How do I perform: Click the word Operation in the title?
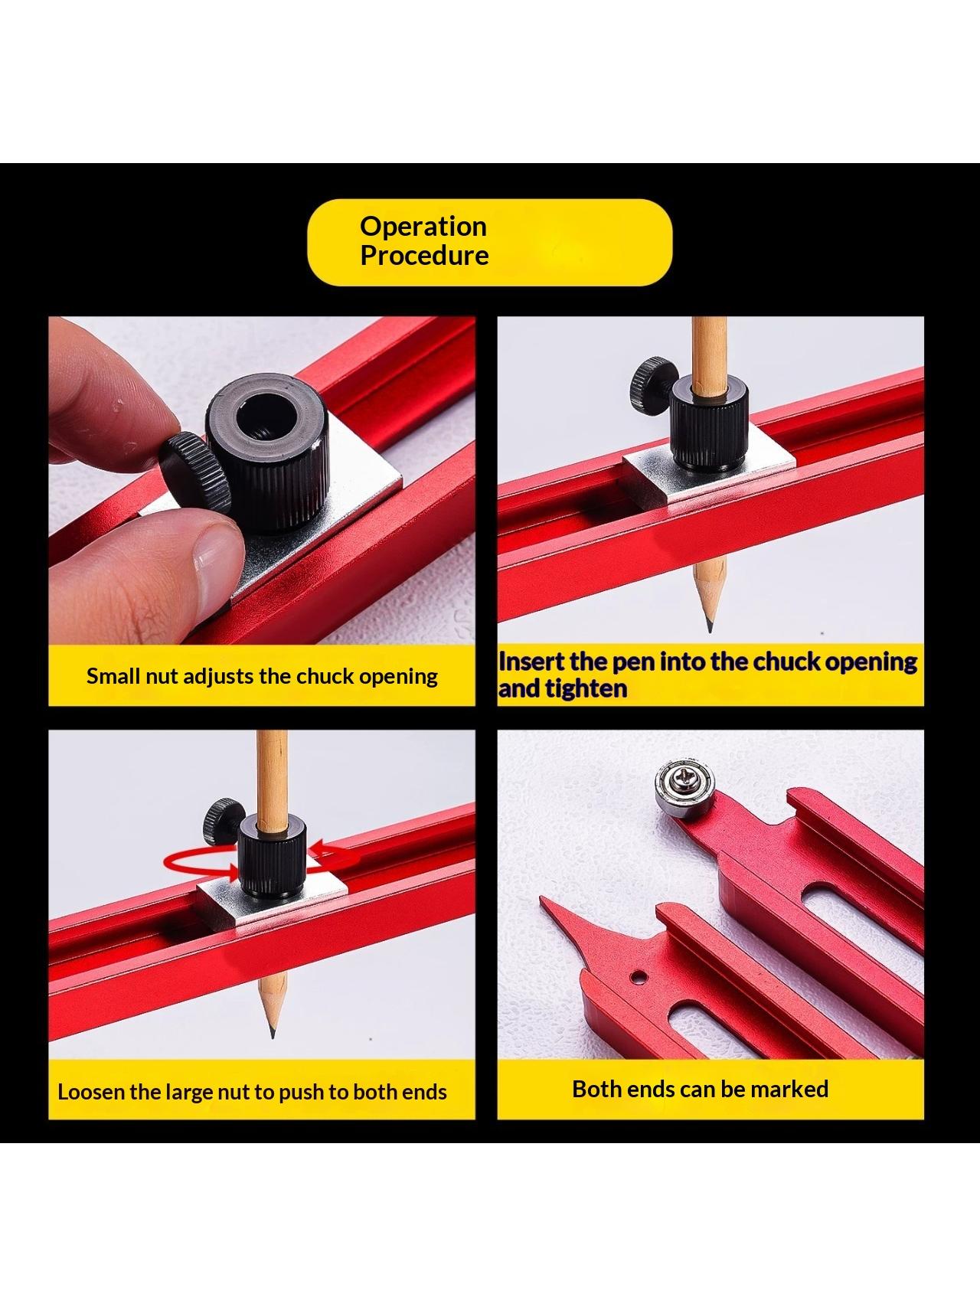click(423, 227)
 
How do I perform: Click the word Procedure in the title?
click(424, 255)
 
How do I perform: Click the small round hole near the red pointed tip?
click(636, 977)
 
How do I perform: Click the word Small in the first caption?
click(113, 676)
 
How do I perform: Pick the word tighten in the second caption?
click(586, 689)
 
